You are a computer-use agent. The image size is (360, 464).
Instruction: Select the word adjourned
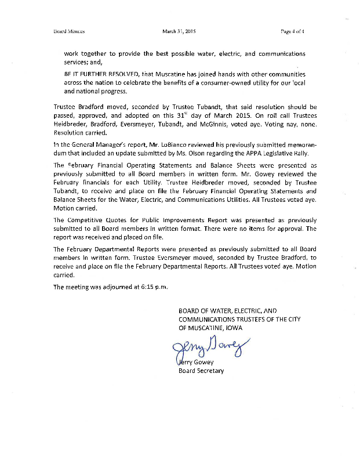(115, 287)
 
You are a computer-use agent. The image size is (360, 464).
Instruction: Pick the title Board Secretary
(201, 371)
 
